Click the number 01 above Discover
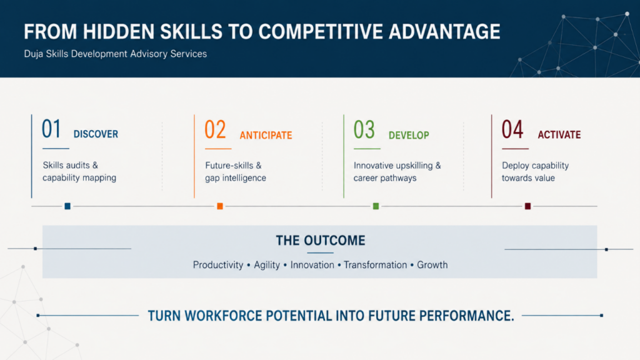click(51, 129)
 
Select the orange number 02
click(215, 129)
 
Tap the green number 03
click(364, 129)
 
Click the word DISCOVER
click(96, 134)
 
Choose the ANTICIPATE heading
click(266, 136)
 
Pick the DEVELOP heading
click(409, 136)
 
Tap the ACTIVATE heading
click(559, 135)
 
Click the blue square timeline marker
click(67, 206)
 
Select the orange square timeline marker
click(220, 206)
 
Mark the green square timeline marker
click(376, 206)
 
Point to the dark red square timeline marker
click(527, 206)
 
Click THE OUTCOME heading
click(321, 241)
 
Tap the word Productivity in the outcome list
click(218, 265)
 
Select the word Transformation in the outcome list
click(375, 265)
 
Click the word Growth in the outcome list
click(432, 265)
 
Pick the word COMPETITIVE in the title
click(321, 32)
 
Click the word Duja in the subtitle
click(34, 54)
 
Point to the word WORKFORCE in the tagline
click(223, 316)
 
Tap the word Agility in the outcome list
click(267, 265)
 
